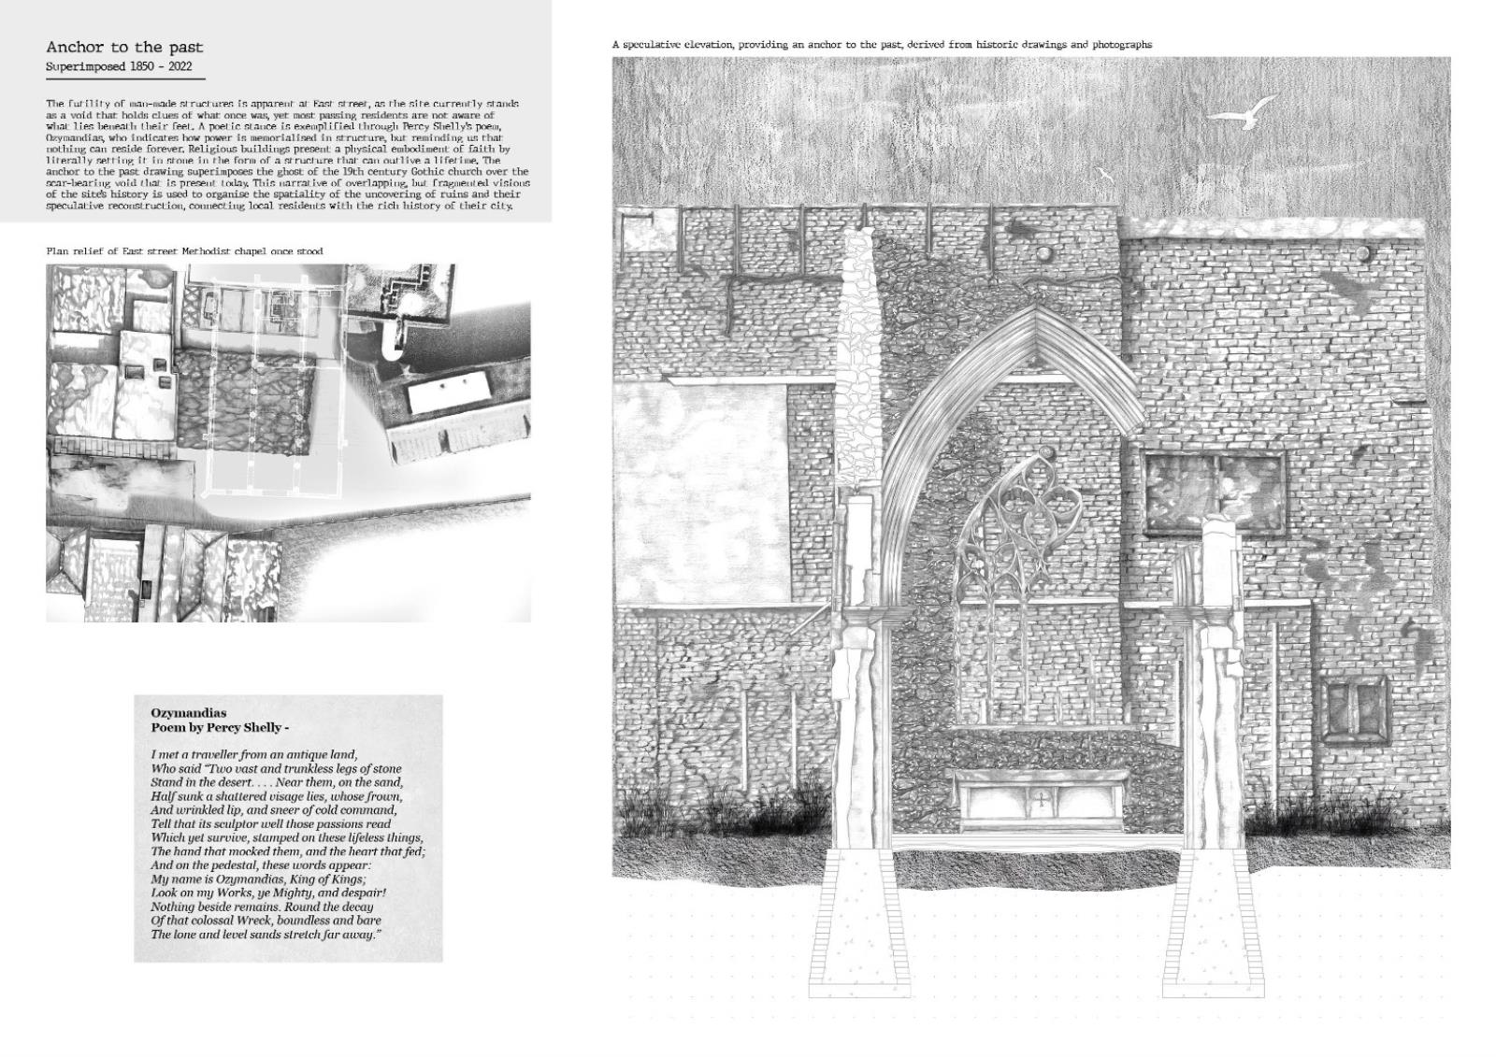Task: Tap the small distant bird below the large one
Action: (1105, 174)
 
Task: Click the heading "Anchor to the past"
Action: (124, 47)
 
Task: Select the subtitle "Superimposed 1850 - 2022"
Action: (119, 67)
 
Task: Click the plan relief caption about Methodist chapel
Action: (184, 251)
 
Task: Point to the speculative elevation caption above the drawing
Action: (882, 44)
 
